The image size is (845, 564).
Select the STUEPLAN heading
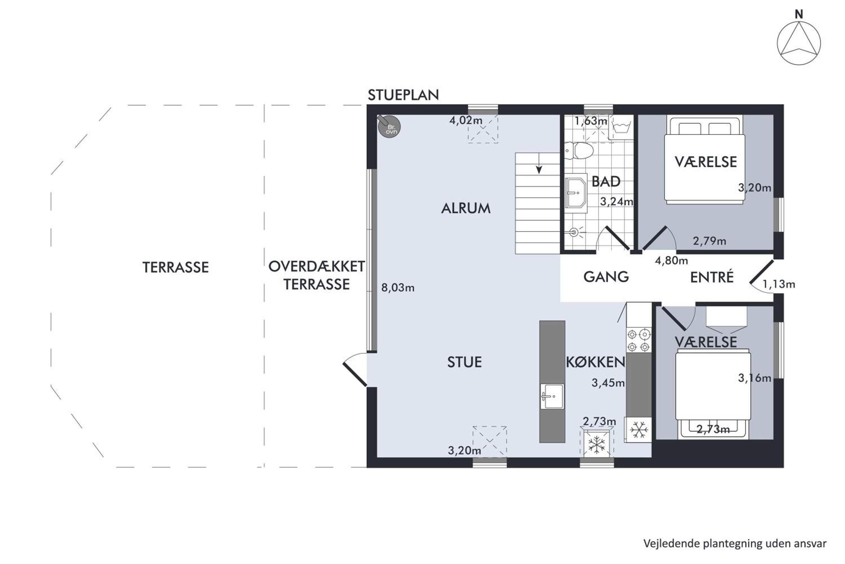pyautogui.click(x=403, y=95)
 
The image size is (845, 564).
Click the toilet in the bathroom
pyautogui.click(x=579, y=150)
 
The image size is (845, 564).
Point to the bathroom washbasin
pyautogui.click(x=576, y=193)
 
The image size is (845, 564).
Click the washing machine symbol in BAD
pyautogui.click(x=622, y=127)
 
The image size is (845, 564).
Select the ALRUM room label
pyautogui.click(x=466, y=208)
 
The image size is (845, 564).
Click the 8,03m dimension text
pyautogui.click(x=398, y=288)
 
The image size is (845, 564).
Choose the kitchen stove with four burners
pyautogui.click(x=639, y=340)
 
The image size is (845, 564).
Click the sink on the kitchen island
pyautogui.click(x=552, y=396)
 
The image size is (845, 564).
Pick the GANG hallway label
pyautogui.click(x=606, y=277)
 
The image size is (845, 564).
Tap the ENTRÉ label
pyautogui.click(x=712, y=277)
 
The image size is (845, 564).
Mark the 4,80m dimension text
pyautogui.click(x=671, y=260)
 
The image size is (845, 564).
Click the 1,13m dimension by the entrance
pyautogui.click(x=779, y=285)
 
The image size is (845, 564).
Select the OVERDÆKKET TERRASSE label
pyautogui.click(x=317, y=276)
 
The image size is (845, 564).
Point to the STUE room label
pyautogui.click(x=464, y=362)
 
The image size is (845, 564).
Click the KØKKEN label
pyautogui.click(x=596, y=362)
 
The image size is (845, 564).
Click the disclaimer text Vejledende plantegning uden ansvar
pyautogui.click(x=735, y=543)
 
